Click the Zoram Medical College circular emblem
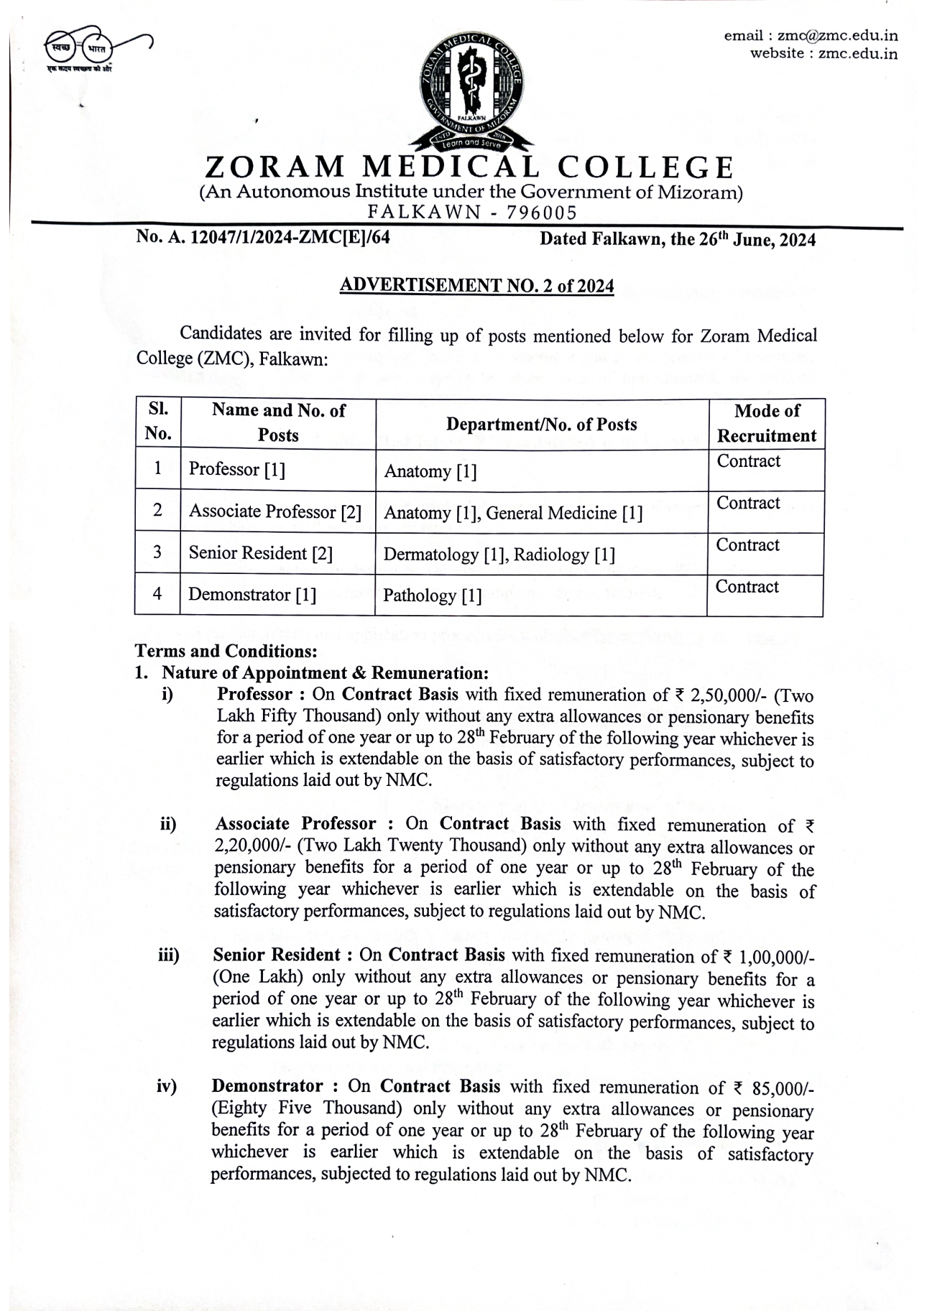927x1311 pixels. (471, 87)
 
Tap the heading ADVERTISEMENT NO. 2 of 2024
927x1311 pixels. (476, 286)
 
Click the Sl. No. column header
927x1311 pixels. (158, 422)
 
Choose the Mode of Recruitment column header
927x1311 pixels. (766, 423)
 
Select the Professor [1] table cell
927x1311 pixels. (237, 470)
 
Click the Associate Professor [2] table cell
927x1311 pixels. (275, 512)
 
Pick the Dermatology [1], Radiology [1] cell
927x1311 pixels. (499, 555)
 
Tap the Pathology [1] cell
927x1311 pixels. (433, 596)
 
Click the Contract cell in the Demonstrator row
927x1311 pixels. (747, 587)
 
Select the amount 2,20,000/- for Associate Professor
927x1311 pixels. (248, 847)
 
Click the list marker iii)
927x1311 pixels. (168, 955)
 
